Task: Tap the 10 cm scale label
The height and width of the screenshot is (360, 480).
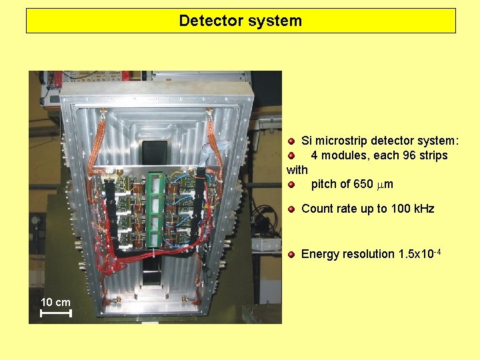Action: pyautogui.click(x=55, y=302)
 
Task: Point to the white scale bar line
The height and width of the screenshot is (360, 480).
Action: pyautogui.click(x=55, y=313)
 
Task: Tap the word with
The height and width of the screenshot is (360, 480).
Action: pyautogui.click(x=297, y=170)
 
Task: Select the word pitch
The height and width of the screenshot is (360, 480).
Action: pyautogui.click(x=325, y=184)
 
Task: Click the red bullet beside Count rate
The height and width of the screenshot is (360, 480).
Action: pyautogui.click(x=291, y=209)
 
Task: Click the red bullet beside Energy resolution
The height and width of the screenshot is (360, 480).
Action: pyautogui.click(x=291, y=255)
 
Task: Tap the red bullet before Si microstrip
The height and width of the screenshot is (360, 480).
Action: pyautogui.click(x=291, y=141)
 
